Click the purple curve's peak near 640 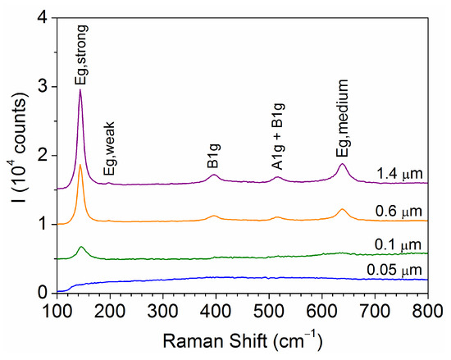[342, 165]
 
